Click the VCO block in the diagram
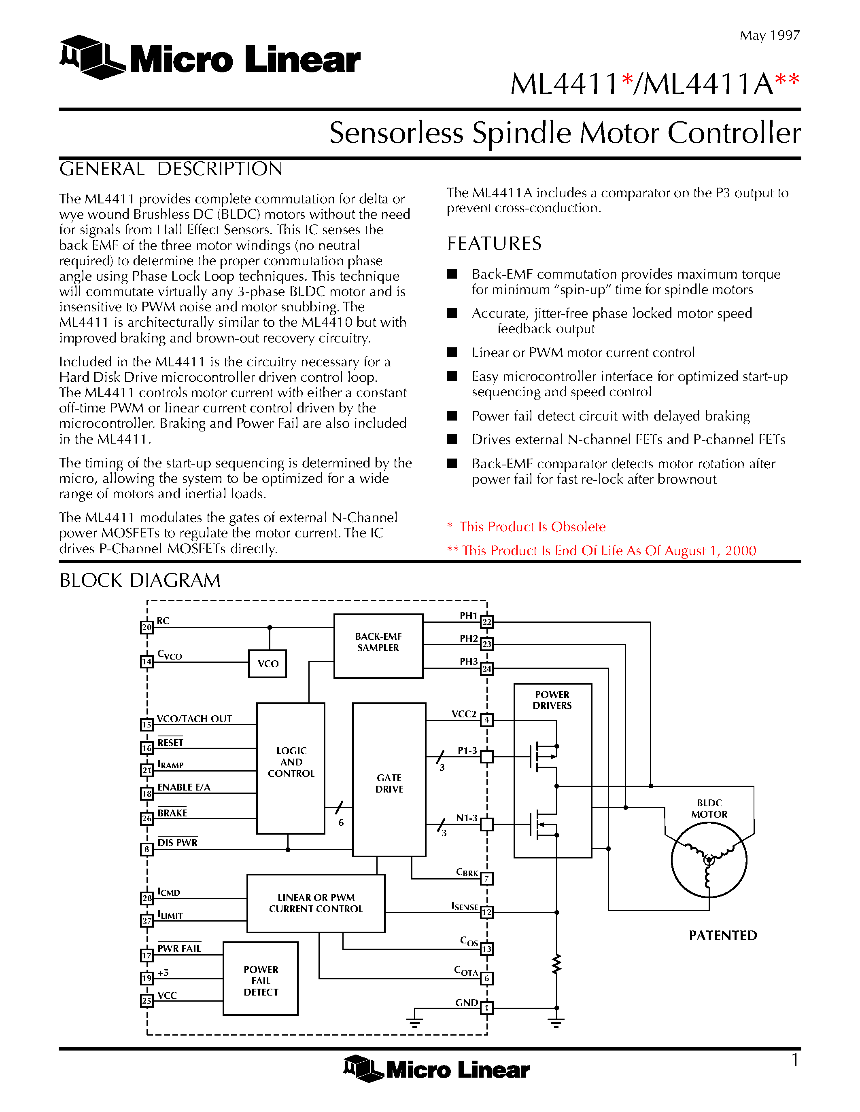click(268, 664)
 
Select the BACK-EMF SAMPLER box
click(378, 646)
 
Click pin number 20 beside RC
click(147, 627)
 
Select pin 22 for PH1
click(486, 622)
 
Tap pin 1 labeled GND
click(486, 1008)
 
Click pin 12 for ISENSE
click(486, 912)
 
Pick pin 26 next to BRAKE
click(147, 818)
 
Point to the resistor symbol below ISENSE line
click(556, 964)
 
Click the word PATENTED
click(722, 935)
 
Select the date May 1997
click(769, 35)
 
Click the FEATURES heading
click(494, 244)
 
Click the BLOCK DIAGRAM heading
click(140, 580)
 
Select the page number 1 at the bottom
click(794, 1060)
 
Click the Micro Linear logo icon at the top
click(92, 57)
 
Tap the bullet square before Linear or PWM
click(452, 352)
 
